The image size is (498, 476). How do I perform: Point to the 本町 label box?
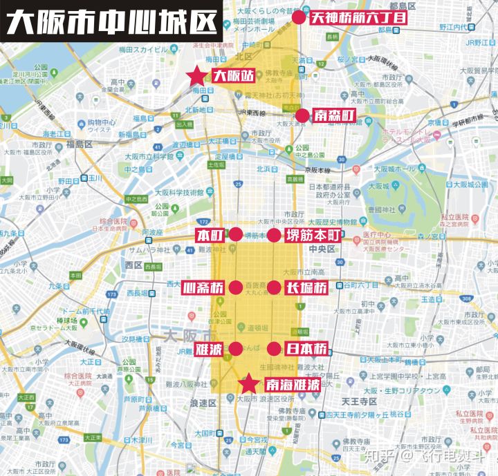coord(210,235)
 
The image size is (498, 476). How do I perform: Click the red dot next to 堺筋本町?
coord(274,236)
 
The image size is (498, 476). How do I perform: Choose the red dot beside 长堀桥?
coord(274,288)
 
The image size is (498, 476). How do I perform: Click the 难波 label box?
coord(209,349)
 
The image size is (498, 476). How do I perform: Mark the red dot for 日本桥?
coord(274,349)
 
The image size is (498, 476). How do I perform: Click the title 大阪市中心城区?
coord(110,21)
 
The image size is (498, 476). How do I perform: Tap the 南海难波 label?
coord(292,384)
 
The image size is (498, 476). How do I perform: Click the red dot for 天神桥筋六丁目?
coord(298,17)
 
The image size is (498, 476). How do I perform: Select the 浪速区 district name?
coord(203,403)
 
